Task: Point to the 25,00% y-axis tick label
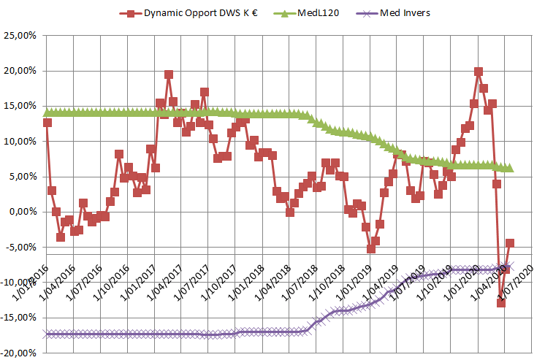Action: [20, 36]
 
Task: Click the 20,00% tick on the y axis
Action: [20, 71]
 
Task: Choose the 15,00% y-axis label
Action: [20, 106]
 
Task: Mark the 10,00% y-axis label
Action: [20, 141]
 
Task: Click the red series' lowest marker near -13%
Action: [501, 302]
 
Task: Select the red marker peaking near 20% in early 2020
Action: [479, 72]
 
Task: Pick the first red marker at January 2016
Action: [47, 123]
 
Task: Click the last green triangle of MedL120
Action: [510, 168]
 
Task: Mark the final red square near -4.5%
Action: [510, 243]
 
